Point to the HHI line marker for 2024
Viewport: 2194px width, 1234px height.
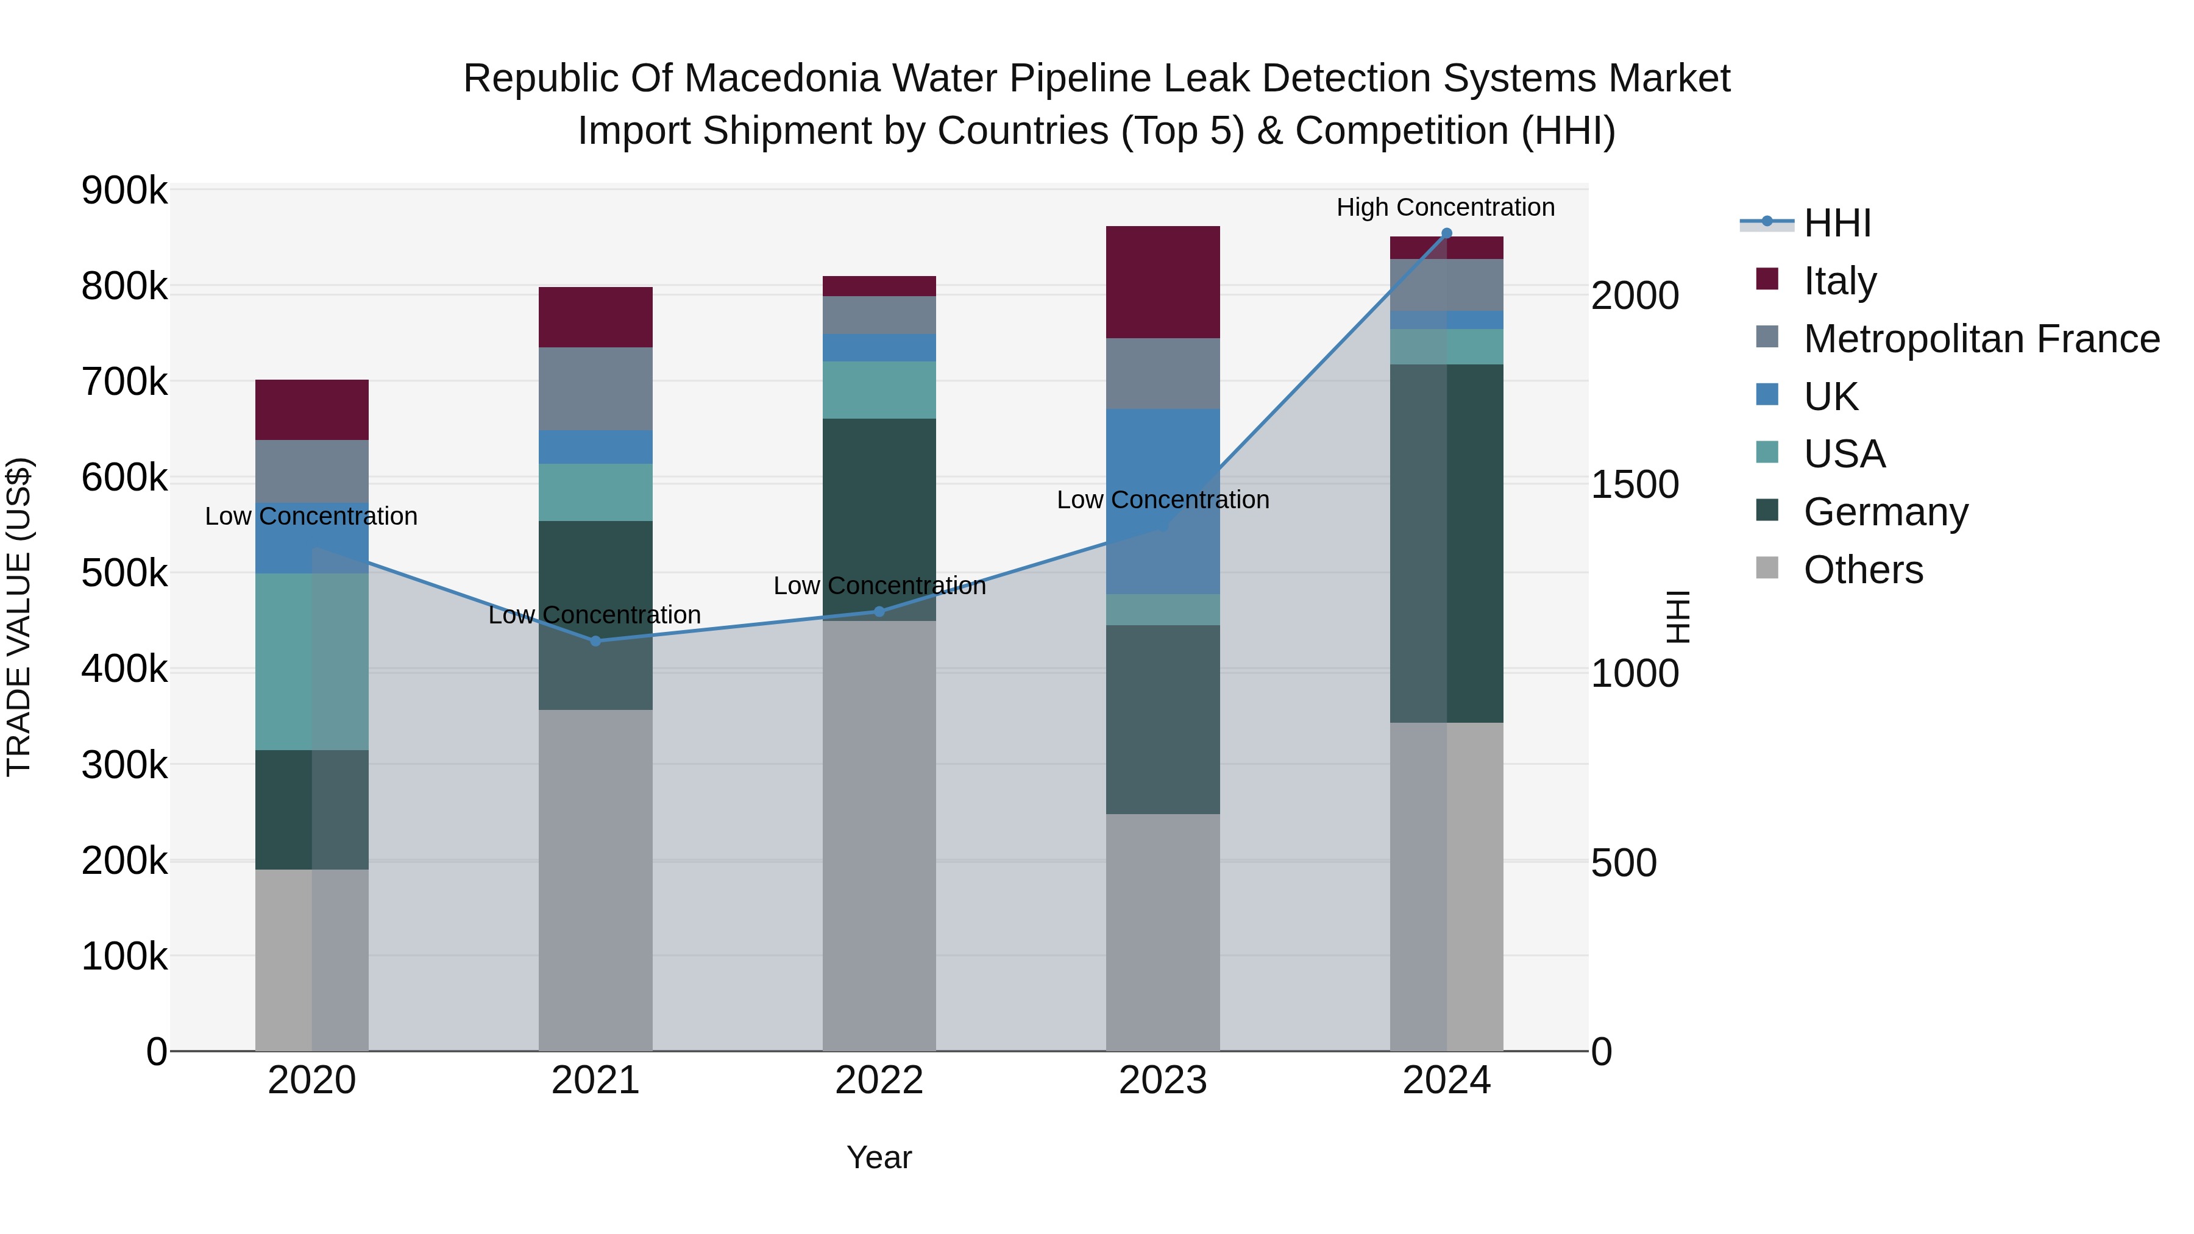tap(1446, 233)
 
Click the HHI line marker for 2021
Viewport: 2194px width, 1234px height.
tap(595, 641)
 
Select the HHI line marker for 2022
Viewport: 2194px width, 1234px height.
tap(879, 611)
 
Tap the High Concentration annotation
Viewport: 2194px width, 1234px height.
tap(1446, 207)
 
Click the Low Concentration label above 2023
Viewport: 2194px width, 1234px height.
tap(1163, 500)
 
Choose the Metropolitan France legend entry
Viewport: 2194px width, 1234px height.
tap(1981, 339)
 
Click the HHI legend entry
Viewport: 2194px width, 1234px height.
tap(1837, 223)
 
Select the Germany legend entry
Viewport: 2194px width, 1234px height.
tap(1886, 512)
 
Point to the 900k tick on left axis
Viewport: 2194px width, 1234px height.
tap(124, 190)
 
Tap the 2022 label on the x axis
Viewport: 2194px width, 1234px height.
tap(879, 1080)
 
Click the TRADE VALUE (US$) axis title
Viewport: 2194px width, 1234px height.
tap(19, 617)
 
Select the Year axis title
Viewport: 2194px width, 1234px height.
tap(879, 1157)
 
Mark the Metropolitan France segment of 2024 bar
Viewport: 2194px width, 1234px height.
tap(1446, 285)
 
